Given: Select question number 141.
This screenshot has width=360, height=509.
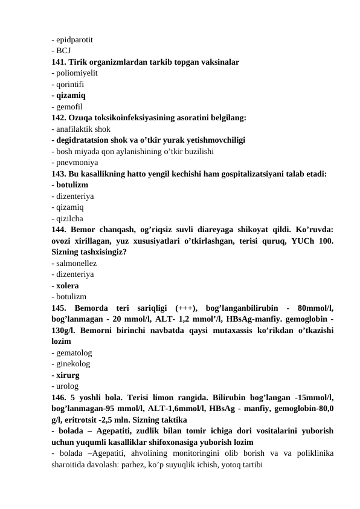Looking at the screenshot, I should pyautogui.click(x=59, y=62).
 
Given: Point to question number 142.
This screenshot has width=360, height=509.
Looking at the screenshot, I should pyautogui.click(x=59, y=117).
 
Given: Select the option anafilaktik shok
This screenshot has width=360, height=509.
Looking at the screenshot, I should pyautogui.click(x=83, y=129).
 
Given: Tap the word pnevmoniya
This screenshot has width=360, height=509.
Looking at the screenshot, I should pyautogui.click(x=77, y=162).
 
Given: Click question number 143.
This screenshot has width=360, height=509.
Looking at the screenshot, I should pyautogui.click(x=59, y=173).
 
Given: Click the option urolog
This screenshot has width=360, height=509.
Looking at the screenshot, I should pyautogui.click(x=68, y=386).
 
